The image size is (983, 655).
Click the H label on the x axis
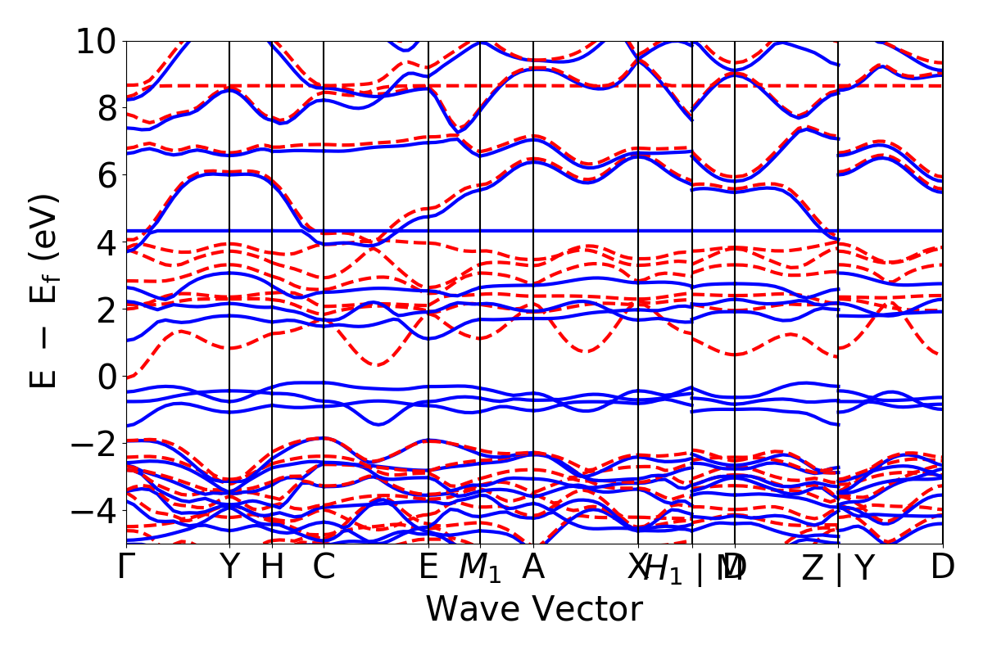coord(272,567)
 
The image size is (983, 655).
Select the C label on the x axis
coord(324,567)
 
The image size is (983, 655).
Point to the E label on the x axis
coord(428,567)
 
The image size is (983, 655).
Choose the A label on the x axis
coord(533,567)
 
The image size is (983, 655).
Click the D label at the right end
coord(943,567)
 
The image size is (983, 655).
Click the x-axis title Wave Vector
coord(534,610)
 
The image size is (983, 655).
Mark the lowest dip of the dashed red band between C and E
coord(377,364)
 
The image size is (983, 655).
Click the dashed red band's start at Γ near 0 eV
coord(128,376)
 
